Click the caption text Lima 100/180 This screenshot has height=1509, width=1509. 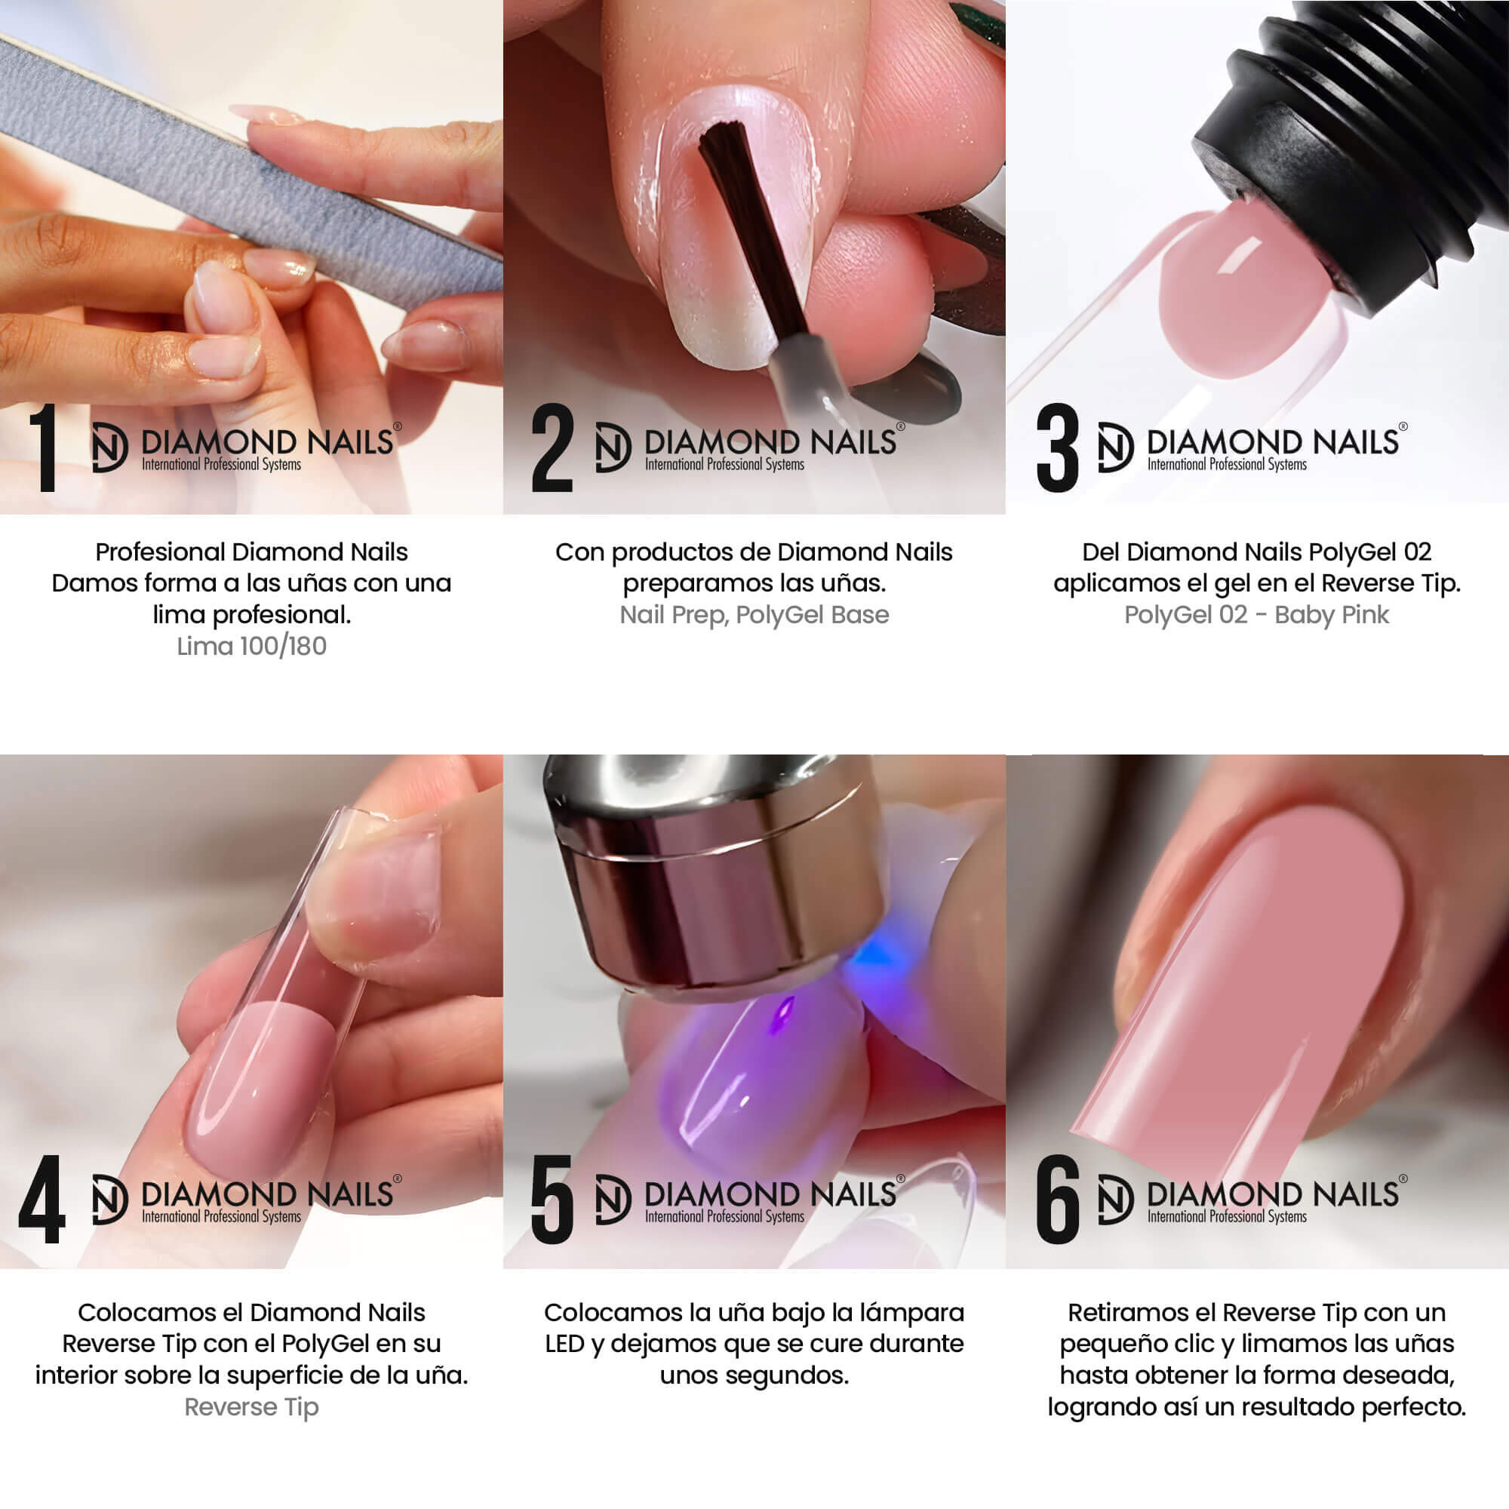[x=251, y=647]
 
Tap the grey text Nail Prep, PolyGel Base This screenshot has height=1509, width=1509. [x=754, y=616]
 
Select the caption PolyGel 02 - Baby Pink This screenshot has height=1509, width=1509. [x=1257, y=616]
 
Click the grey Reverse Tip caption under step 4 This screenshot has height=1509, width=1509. [x=251, y=1406]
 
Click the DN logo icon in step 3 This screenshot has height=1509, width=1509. [x=1115, y=447]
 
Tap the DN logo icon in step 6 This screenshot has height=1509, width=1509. [x=1115, y=1200]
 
